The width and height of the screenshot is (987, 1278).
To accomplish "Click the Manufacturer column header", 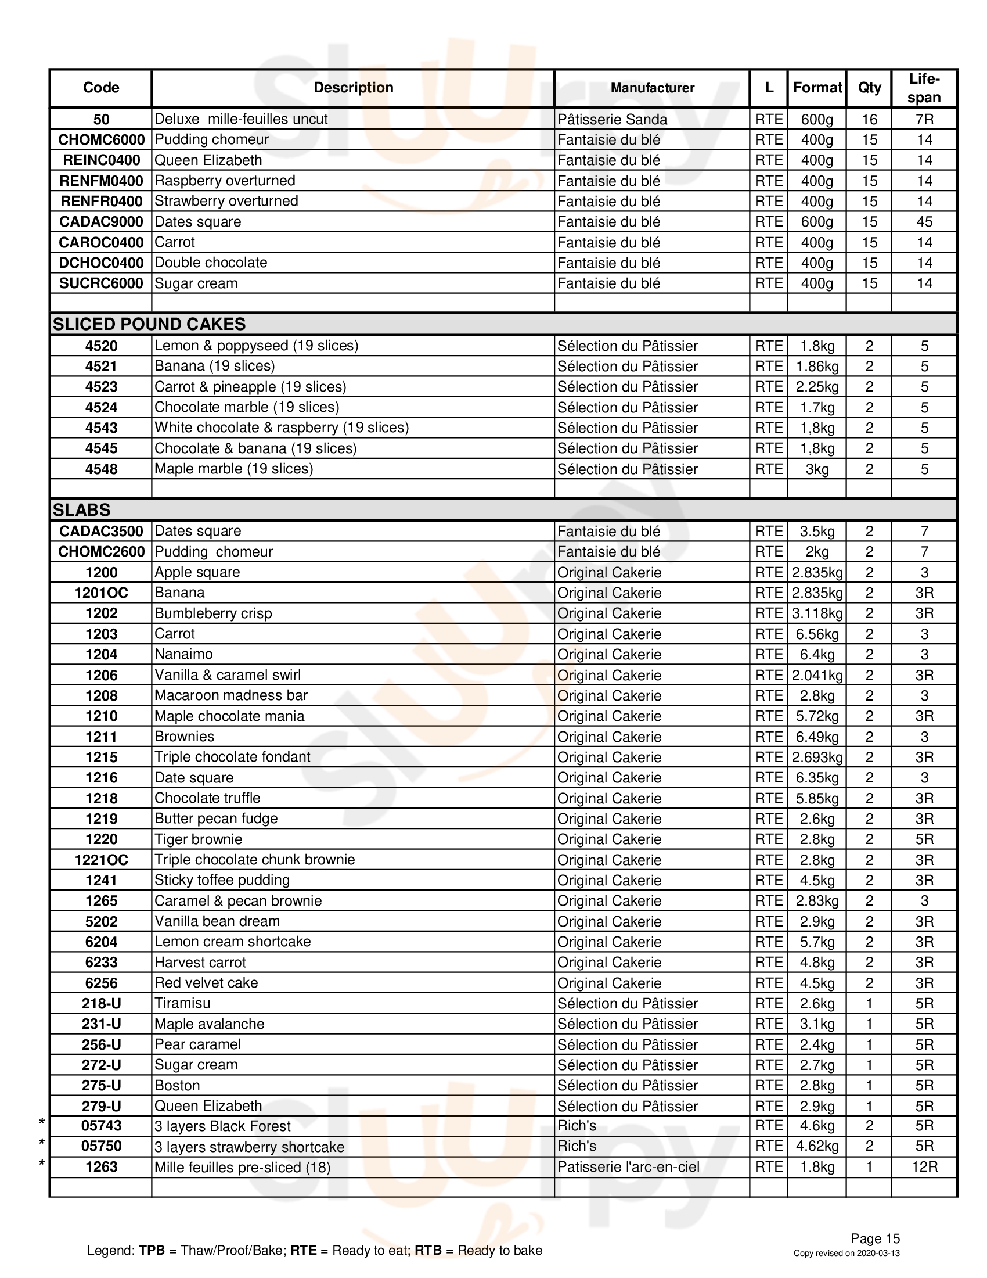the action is pyautogui.click(x=652, y=88).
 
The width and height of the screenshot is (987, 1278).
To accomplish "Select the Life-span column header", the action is pyautogui.click(x=924, y=88).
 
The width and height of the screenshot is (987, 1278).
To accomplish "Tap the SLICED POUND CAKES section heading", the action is pyautogui.click(x=149, y=324).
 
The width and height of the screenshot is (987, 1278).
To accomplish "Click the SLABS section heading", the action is pyautogui.click(x=81, y=509).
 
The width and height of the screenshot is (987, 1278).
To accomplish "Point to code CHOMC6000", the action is pyautogui.click(x=101, y=140).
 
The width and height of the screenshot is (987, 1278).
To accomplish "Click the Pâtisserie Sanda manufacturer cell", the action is pyautogui.click(x=612, y=119).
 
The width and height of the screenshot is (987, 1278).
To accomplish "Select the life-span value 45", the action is pyautogui.click(x=924, y=222).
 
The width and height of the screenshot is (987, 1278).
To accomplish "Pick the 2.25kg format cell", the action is pyautogui.click(x=817, y=387).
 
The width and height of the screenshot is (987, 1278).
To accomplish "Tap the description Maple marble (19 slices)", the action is pyautogui.click(x=234, y=469).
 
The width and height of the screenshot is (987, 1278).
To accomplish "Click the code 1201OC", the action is pyautogui.click(x=101, y=593).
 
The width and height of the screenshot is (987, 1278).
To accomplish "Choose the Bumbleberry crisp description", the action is pyautogui.click(x=214, y=613).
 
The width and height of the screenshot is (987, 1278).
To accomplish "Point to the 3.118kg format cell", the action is pyautogui.click(x=817, y=613).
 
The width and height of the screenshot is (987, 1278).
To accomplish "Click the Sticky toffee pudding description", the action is pyautogui.click(x=222, y=880).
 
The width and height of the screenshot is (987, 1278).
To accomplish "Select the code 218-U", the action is pyautogui.click(x=101, y=1004).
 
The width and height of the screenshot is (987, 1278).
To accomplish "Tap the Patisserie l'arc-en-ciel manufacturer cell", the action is pyautogui.click(x=629, y=1167).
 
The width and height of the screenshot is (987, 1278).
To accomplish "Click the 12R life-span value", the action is pyautogui.click(x=924, y=1167).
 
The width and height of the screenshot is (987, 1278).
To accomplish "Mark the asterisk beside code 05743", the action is pyautogui.click(x=42, y=1122).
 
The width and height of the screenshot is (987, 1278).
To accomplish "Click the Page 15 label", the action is pyautogui.click(x=875, y=1238).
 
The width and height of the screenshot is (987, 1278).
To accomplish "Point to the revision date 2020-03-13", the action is pyautogui.click(x=878, y=1253).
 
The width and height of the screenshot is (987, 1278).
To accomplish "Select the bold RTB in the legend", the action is pyautogui.click(x=428, y=1251).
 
